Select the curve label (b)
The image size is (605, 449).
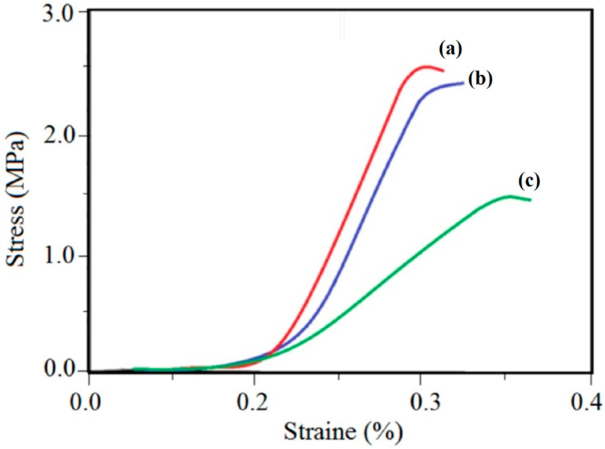(x=480, y=79)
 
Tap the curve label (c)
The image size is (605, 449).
(x=528, y=181)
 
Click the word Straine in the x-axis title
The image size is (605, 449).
(x=320, y=432)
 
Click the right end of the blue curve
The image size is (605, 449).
(x=463, y=83)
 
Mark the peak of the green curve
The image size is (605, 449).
(x=508, y=196)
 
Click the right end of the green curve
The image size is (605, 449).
(x=530, y=200)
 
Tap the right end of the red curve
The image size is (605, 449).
(x=443, y=70)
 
